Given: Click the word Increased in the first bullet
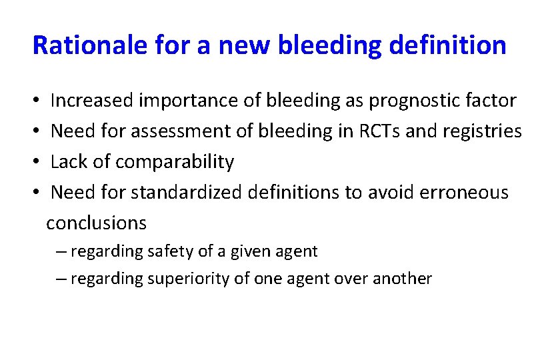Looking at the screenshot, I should (92, 101).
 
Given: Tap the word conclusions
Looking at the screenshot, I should (96, 223).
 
